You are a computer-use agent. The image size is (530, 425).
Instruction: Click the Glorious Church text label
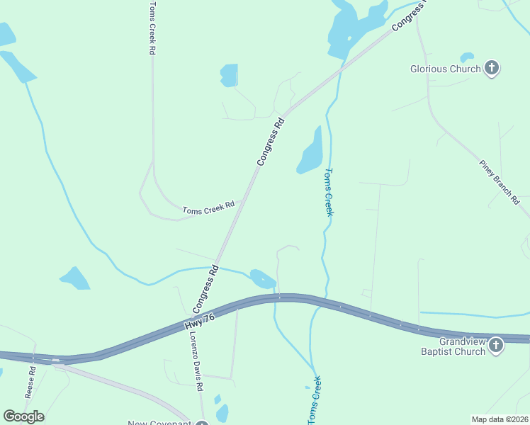pyautogui.click(x=446, y=69)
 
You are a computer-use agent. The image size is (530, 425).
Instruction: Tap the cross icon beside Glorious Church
pyautogui.click(x=492, y=69)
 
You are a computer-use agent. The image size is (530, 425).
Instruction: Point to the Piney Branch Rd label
pyautogui.click(x=500, y=182)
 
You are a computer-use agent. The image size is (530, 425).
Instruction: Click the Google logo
pyautogui.click(x=23, y=416)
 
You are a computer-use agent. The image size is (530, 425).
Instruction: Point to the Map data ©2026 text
pyautogui.click(x=499, y=419)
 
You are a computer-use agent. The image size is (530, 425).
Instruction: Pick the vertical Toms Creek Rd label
pyautogui.click(x=152, y=28)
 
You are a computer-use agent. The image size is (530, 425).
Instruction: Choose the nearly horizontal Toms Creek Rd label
pyautogui.click(x=208, y=208)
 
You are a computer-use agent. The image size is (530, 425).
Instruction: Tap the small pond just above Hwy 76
pyautogui.click(x=261, y=277)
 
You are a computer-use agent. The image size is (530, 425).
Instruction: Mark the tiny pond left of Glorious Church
pyautogui.click(x=467, y=57)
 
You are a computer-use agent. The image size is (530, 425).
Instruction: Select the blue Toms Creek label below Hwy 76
pyautogui.click(x=314, y=400)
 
